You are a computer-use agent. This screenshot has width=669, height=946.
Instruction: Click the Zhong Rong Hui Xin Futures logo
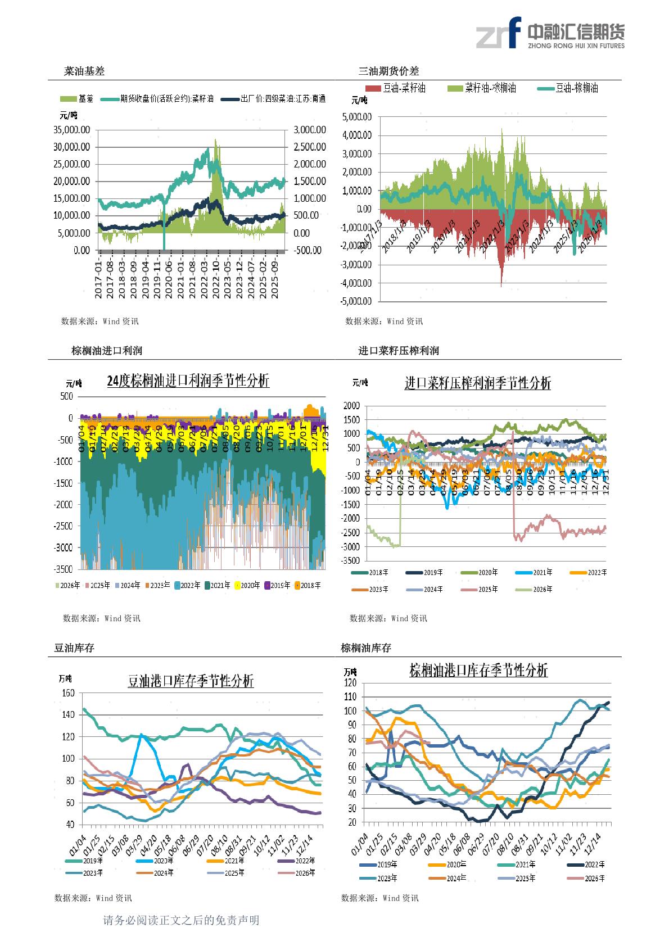[x=549, y=34]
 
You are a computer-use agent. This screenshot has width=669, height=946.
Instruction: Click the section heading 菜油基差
[x=84, y=71]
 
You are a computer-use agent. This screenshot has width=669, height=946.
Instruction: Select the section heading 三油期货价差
[x=389, y=71]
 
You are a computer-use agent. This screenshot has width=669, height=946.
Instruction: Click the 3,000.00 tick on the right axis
[x=309, y=130]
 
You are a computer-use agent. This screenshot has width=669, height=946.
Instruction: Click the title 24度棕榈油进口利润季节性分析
[x=188, y=381]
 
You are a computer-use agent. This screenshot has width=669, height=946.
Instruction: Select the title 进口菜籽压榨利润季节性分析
[x=478, y=383]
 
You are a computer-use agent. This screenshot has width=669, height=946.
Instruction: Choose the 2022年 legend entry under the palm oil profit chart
[x=188, y=585]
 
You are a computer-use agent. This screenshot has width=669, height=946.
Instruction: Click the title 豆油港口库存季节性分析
[x=191, y=682]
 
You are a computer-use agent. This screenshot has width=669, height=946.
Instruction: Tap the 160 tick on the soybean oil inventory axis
[x=68, y=693]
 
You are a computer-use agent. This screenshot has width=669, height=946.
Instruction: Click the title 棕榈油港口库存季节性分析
[x=478, y=671]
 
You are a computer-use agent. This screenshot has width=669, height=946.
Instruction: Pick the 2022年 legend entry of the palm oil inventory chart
[x=585, y=864]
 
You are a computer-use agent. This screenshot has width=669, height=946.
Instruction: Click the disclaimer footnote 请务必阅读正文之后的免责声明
[x=181, y=920]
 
